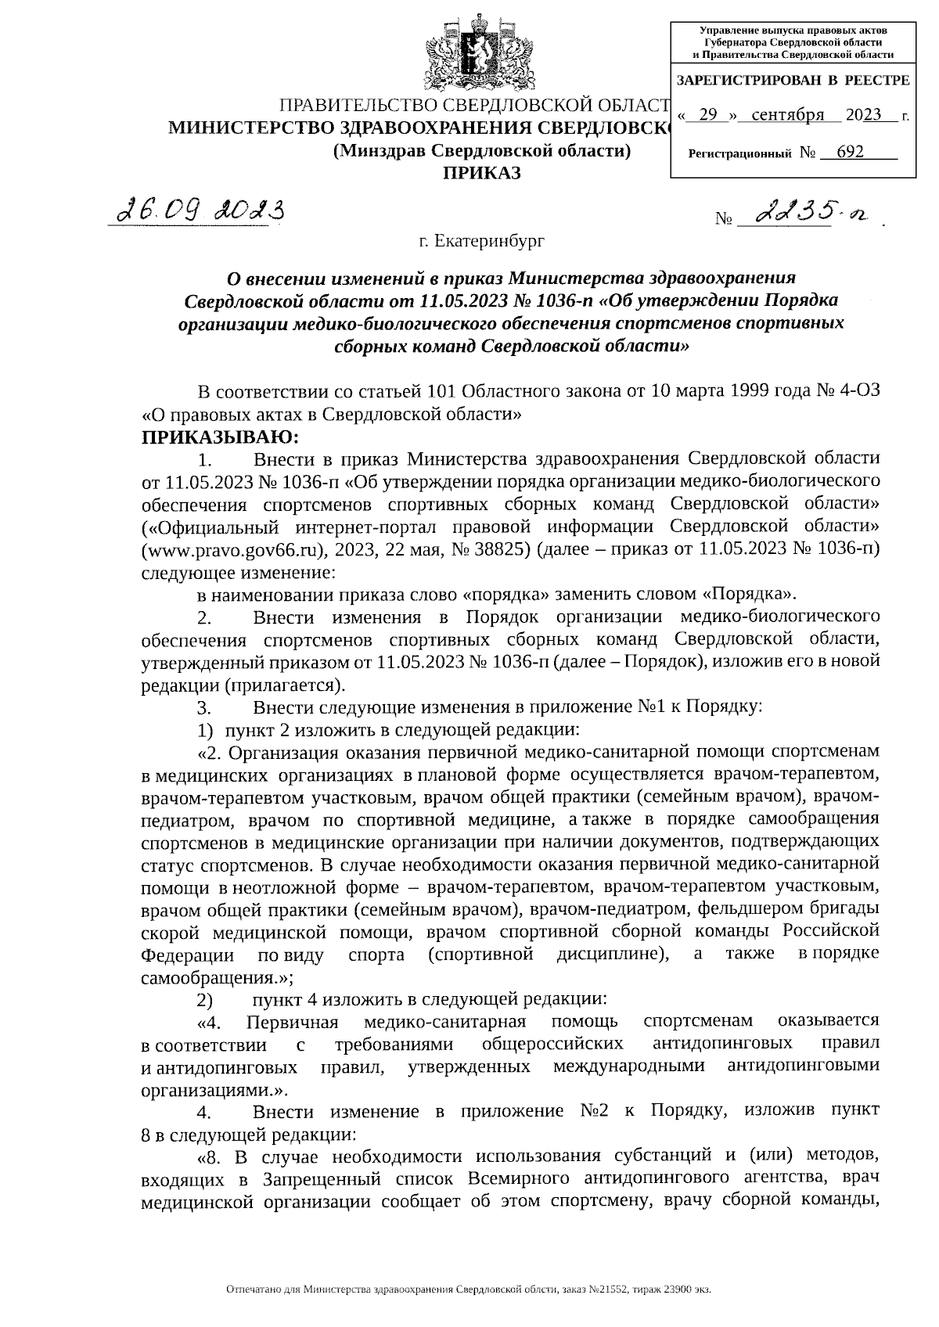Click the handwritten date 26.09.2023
point(199,209)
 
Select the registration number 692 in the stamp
point(850,152)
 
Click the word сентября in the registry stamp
point(787,116)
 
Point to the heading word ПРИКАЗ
point(482,173)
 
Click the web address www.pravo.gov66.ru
point(232,549)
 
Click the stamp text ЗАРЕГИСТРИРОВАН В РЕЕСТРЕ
point(793,81)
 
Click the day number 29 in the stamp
point(708,116)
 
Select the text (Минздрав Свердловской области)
point(482,151)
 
